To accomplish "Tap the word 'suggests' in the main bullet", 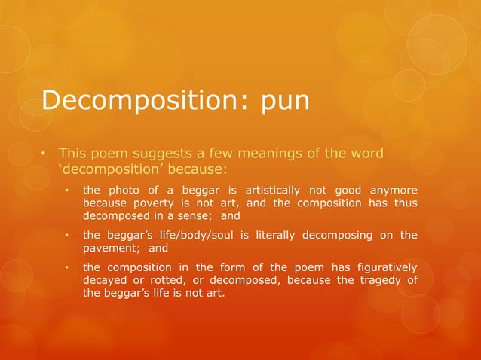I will [155, 154].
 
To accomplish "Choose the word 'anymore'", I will [390, 191].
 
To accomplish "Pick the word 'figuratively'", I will [381, 267].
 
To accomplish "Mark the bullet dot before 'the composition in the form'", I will [66, 268].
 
